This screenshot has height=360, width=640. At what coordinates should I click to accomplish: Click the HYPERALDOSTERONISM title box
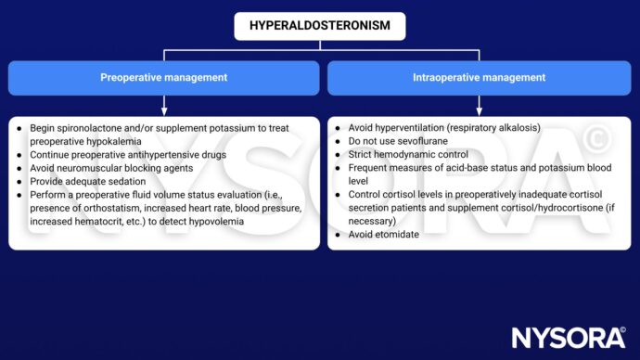click(319, 26)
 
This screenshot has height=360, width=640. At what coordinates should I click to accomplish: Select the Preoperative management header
click(163, 78)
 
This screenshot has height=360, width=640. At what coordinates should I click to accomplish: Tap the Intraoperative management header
click(479, 78)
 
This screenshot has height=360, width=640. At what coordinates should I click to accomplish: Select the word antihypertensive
click(170, 154)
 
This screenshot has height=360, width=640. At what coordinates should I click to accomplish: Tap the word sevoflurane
click(418, 141)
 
